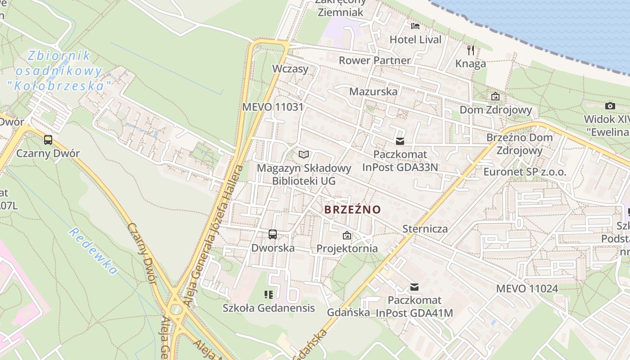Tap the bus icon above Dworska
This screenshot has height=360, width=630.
[x=273, y=234]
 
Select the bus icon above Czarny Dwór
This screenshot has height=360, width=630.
[x=48, y=139]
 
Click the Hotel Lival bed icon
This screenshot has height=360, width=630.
[x=415, y=26]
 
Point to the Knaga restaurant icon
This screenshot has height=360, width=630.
[x=471, y=49]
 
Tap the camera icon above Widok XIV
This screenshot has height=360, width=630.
[x=610, y=106]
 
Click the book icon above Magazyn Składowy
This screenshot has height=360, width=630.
[x=304, y=154]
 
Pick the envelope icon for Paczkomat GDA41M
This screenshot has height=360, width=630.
[x=414, y=287]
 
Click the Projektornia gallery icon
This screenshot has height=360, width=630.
[x=347, y=235]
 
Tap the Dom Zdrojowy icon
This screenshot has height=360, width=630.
[x=495, y=96]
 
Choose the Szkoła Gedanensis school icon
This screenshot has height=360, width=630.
[x=269, y=295]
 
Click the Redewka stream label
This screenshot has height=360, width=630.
[x=94, y=251]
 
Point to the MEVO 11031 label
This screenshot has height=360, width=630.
[x=273, y=107]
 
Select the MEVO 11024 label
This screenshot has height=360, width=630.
[x=527, y=288]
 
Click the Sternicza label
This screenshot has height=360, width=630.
[x=425, y=229]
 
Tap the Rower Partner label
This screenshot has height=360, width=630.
[x=374, y=60]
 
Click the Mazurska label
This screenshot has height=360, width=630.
[x=373, y=92]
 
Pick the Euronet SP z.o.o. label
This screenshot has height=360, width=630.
[x=525, y=172]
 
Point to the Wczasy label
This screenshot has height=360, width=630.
[x=290, y=69]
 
